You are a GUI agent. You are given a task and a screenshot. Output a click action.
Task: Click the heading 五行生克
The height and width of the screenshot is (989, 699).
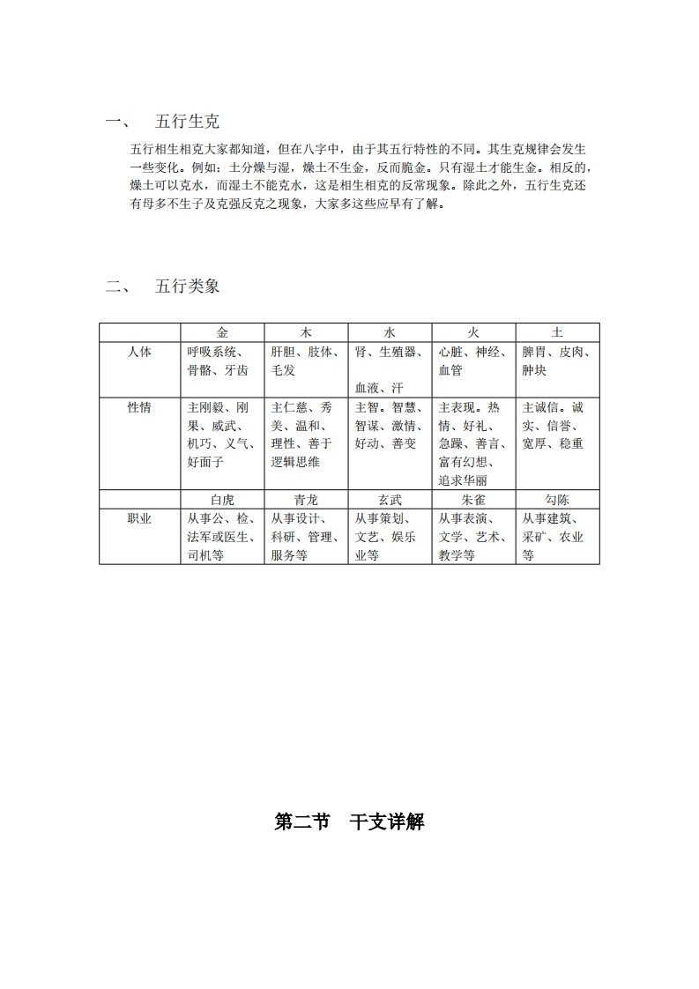coord(187,122)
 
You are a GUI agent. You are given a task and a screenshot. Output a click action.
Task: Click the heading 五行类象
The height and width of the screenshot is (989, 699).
coord(187,286)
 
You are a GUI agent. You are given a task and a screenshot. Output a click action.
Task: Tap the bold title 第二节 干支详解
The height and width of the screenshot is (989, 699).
coord(349,822)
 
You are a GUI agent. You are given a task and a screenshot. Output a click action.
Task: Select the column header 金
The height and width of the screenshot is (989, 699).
coord(222,332)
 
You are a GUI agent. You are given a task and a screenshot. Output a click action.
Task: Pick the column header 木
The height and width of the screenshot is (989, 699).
coord(306,332)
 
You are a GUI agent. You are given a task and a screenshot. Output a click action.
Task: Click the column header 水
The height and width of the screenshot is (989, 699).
coord(390,332)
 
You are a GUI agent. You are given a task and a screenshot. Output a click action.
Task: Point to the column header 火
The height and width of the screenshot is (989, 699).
coord(473,332)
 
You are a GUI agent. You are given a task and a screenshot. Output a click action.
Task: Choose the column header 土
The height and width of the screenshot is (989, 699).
coord(557,332)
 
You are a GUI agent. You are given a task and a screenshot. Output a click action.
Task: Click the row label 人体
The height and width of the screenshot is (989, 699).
coord(139,352)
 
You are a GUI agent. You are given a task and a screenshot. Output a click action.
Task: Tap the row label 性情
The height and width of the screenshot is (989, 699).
coord(139,407)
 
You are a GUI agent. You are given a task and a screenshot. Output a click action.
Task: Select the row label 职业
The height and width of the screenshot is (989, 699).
coord(139,518)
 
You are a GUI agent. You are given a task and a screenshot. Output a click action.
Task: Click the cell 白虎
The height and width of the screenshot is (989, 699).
coord(222,500)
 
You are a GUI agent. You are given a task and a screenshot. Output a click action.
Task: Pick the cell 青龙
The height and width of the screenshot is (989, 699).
coord(306,500)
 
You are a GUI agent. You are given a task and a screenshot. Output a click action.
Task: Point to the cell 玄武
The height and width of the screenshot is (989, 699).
coord(390,500)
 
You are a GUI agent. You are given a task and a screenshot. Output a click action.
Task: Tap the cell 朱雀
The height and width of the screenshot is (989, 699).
coord(473,500)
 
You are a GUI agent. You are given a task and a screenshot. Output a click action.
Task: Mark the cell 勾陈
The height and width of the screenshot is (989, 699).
coord(557,500)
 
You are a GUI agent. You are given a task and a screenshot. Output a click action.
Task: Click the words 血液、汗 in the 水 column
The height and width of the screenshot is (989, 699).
coord(379,388)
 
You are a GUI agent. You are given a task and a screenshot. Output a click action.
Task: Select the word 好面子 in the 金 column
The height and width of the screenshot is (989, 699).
coord(205,462)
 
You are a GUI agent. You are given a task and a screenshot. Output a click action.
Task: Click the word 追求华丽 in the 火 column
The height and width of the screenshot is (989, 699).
coord(463,480)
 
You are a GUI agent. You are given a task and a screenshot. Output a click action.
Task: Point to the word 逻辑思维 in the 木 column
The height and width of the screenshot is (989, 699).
coord(295,462)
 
